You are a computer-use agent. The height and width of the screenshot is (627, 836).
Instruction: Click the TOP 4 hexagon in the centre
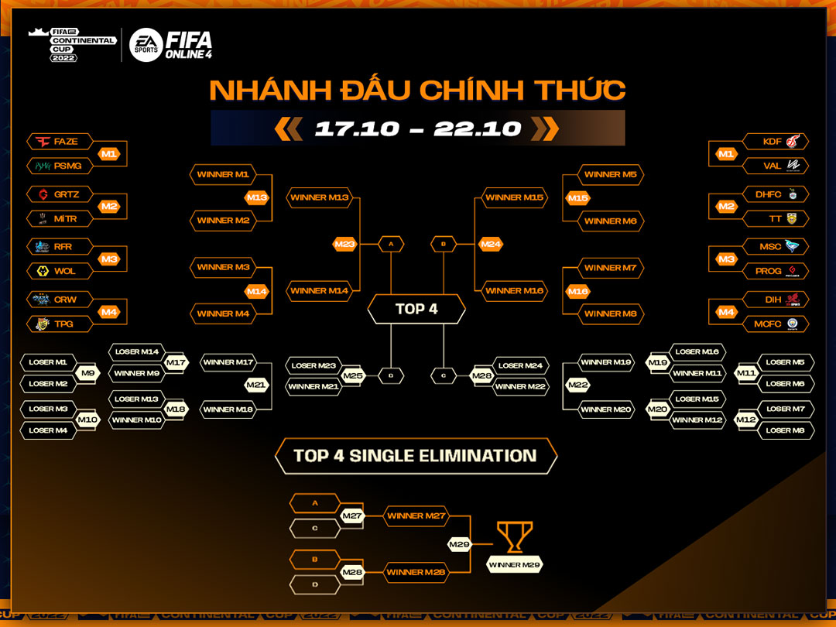(416, 309)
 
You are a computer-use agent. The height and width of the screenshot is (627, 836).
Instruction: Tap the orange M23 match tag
(344, 245)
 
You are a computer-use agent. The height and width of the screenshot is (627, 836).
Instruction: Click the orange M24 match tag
(491, 245)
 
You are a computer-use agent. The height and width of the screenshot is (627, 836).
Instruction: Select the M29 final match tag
(459, 545)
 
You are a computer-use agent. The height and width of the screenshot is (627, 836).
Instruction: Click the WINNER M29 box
(514, 565)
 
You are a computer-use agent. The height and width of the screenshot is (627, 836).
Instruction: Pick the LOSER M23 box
(313, 365)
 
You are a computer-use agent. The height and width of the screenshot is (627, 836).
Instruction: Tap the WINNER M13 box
(320, 197)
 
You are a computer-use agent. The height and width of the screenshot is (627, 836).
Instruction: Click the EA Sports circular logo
(145, 45)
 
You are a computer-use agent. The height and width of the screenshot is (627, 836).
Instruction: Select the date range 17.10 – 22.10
(417, 128)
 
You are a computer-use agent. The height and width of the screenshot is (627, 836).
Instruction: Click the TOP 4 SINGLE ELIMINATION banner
(416, 456)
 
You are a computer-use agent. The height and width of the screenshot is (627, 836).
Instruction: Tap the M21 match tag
(256, 385)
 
